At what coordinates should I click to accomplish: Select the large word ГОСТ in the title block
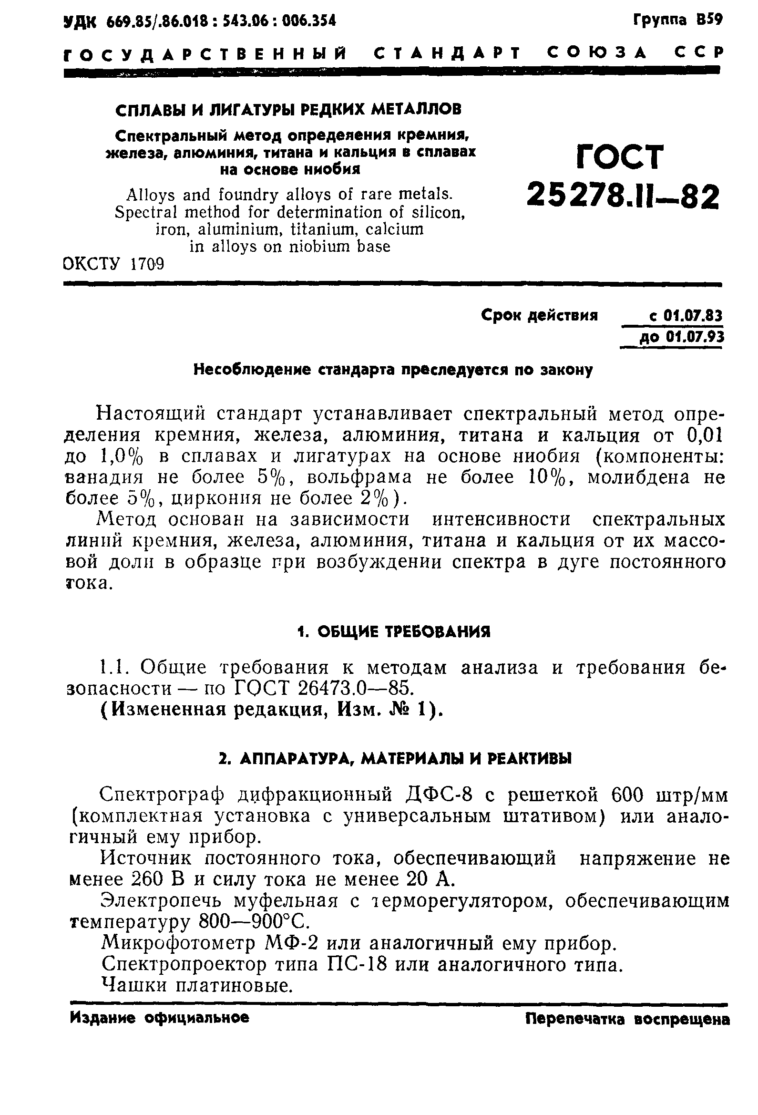pyautogui.click(x=620, y=157)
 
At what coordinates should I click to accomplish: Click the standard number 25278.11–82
pyautogui.click(x=623, y=196)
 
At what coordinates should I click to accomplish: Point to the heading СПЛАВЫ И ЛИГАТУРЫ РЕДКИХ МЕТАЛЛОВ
pyautogui.click(x=288, y=109)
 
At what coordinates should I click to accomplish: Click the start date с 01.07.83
pyautogui.click(x=685, y=316)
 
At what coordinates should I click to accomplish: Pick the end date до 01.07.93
pyautogui.click(x=681, y=338)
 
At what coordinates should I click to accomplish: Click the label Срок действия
pyautogui.click(x=539, y=316)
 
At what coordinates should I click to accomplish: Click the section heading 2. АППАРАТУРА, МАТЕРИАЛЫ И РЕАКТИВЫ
pyautogui.click(x=395, y=759)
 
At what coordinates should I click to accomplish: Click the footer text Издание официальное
pyautogui.click(x=160, y=1018)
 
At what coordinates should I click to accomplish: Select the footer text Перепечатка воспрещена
pyautogui.click(x=627, y=1019)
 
